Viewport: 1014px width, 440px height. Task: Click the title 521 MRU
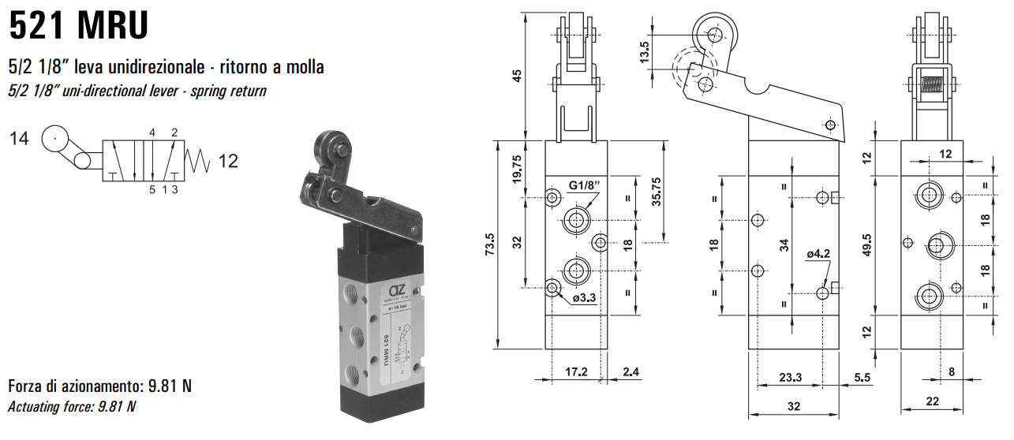[x=78, y=25]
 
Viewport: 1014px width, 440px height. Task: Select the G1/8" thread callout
[x=584, y=187]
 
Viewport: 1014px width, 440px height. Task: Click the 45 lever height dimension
[x=517, y=75]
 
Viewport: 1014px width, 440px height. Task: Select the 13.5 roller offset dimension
[x=645, y=51]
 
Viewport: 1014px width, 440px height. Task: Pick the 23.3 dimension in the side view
[x=789, y=378]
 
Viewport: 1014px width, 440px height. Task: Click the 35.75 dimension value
[x=656, y=192]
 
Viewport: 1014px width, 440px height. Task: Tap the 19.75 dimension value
[x=517, y=168]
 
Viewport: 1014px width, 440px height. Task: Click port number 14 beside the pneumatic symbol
[x=20, y=140]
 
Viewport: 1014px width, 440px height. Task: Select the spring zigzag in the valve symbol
[x=199, y=161]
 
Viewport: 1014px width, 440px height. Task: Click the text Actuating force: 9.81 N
[x=72, y=407]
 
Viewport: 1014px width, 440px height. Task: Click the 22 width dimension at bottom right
[x=932, y=401]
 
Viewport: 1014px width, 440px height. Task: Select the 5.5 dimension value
[x=862, y=378]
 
